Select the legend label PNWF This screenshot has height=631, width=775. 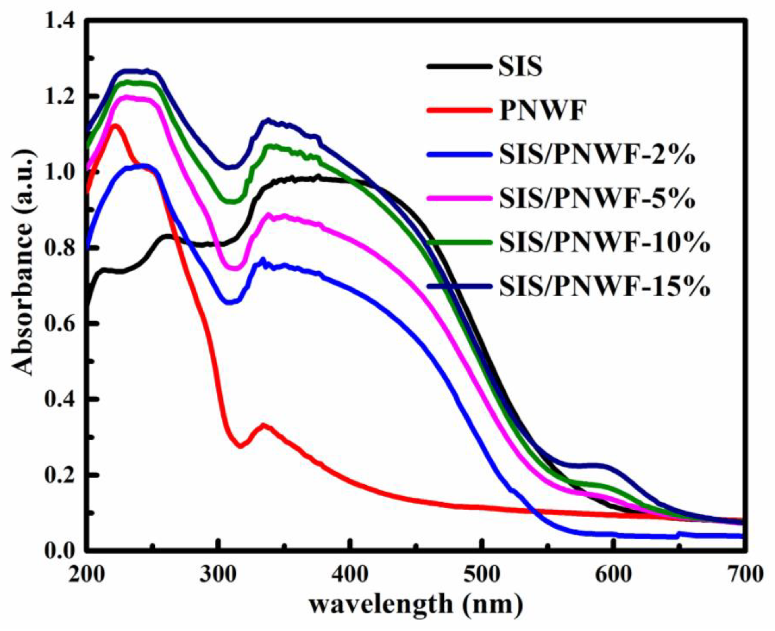pos(542,110)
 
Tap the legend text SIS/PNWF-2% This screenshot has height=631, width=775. pos(597,154)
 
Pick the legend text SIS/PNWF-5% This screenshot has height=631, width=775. pos(597,199)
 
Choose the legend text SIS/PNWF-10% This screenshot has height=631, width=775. pos(604,242)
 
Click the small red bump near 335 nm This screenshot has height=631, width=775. pos(263,425)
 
